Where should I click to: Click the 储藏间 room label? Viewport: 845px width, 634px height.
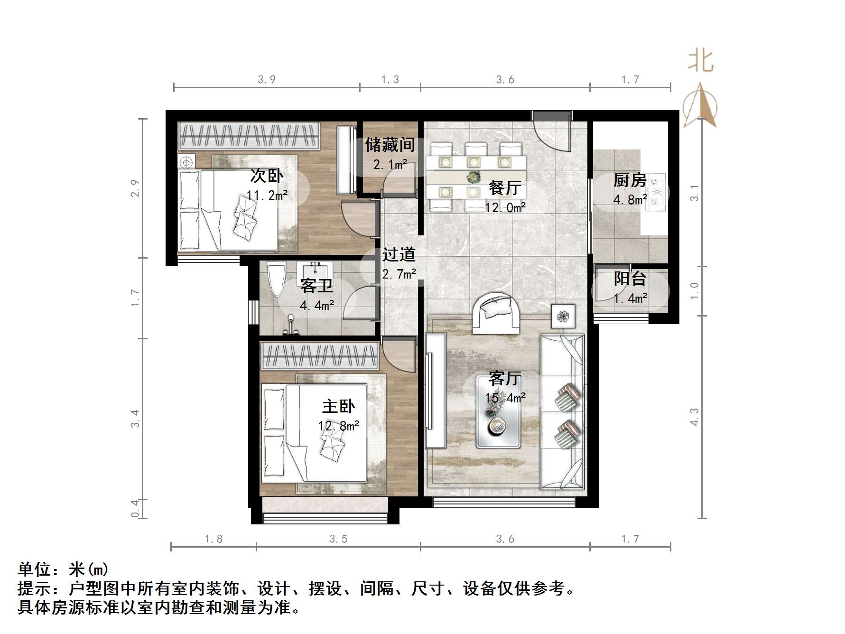point(390,145)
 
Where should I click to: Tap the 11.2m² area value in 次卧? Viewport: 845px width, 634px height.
point(267,195)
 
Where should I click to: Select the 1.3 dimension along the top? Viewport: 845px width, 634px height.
point(390,80)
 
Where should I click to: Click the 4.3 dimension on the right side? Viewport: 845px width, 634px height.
point(694,417)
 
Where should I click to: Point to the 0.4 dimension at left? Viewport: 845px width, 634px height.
point(135,508)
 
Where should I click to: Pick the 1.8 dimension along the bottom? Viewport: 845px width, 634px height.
point(214,539)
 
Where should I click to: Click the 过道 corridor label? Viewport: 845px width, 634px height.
point(399,254)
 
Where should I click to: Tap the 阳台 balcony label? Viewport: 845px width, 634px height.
point(630,279)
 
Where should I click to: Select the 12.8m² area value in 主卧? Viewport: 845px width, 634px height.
point(338,426)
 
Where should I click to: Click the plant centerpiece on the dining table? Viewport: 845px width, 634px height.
point(473,177)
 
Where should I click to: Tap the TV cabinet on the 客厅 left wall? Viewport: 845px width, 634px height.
point(435,390)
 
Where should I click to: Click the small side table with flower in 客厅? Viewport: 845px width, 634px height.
point(563,316)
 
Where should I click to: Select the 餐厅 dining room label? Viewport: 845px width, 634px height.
point(504,188)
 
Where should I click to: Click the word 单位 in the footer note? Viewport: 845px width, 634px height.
point(35,569)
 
